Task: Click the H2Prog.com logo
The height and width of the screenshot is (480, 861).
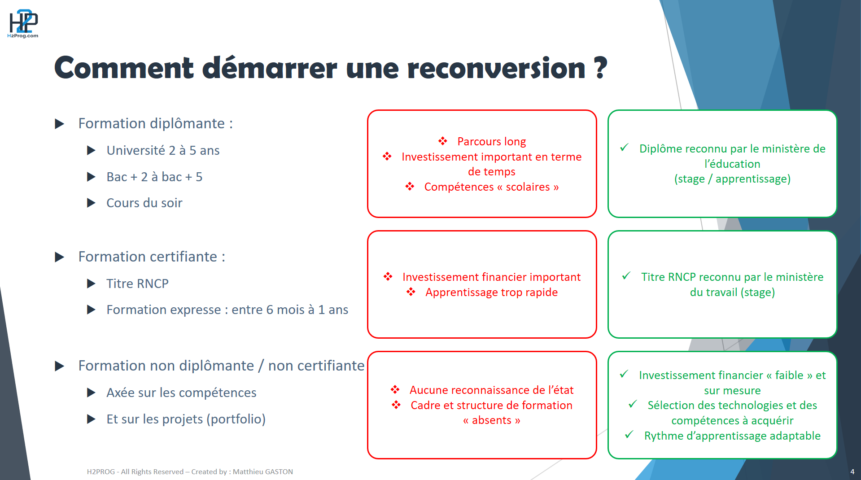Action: [x=23, y=24]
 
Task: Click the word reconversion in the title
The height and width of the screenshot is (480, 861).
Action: [x=496, y=68]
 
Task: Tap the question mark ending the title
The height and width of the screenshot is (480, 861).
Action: [x=601, y=68]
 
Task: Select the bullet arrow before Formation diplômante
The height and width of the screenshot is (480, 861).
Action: [x=59, y=124]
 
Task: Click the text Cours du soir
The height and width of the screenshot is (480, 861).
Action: [x=144, y=203]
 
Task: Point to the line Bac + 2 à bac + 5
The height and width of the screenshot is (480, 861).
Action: [x=154, y=177]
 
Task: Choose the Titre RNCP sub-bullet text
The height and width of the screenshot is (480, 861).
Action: [x=137, y=284]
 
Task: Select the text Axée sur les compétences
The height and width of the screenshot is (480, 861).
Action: [x=181, y=393]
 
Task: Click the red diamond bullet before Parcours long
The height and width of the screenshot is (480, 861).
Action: [x=443, y=141]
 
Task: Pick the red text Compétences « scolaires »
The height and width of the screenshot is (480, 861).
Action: [x=491, y=187]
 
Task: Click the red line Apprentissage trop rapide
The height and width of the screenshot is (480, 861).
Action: [x=491, y=292]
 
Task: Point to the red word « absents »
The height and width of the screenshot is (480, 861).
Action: [x=491, y=420]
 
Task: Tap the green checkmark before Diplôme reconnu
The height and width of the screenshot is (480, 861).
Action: [x=624, y=148]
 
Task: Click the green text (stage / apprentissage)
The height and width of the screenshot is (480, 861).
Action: [x=732, y=179]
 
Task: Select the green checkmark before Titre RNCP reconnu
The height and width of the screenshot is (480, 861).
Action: [x=626, y=276]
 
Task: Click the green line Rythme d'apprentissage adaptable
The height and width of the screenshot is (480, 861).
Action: [x=732, y=436]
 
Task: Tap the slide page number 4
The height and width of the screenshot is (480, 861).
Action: [x=852, y=471]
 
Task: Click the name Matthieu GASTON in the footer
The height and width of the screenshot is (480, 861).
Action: [x=262, y=471]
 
